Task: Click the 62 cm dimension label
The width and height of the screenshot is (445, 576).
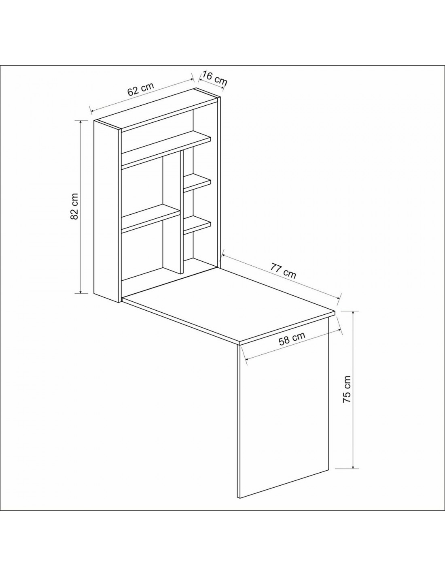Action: coord(140,89)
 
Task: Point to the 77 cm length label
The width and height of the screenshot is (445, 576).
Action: coord(283,270)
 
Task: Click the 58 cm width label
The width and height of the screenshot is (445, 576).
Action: coord(292,338)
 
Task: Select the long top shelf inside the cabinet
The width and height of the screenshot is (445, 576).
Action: coord(166,151)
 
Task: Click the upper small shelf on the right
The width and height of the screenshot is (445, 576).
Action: coord(197,183)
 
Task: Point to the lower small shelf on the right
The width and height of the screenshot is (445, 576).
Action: coord(197,225)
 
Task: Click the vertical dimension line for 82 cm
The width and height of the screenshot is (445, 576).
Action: coord(81,207)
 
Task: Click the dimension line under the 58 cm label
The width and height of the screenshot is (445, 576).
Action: coord(293,345)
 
